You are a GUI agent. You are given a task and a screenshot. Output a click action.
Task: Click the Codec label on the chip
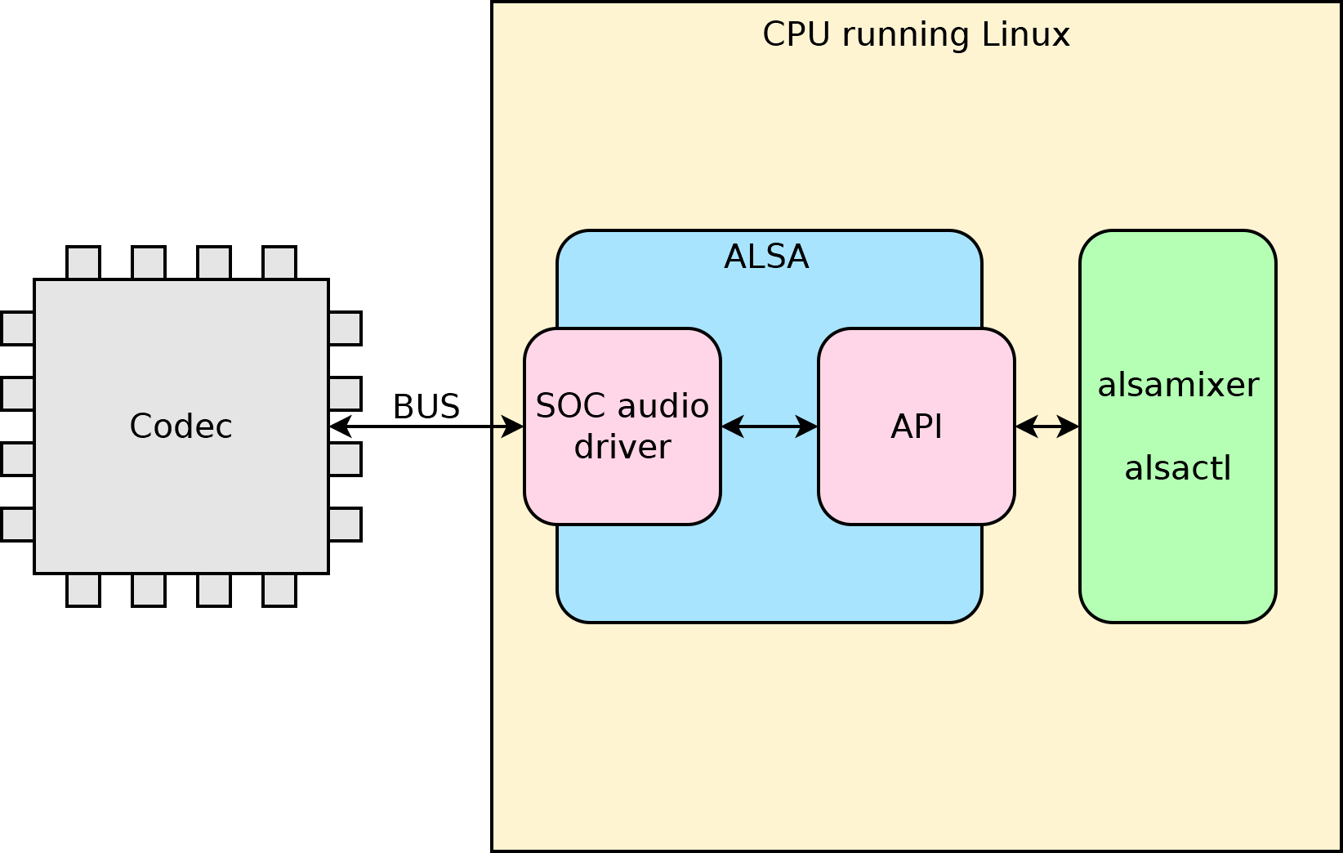[x=181, y=426]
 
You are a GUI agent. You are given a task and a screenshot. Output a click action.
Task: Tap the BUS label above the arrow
[x=426, y=407]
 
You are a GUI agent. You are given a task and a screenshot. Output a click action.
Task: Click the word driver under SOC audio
[x=622, y=447]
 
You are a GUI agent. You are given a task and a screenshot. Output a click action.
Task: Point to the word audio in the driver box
[x=663, y=406]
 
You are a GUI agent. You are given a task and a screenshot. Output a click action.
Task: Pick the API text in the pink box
[x=917, y=426]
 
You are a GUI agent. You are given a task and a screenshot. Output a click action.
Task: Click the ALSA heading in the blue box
[x=766, y=257]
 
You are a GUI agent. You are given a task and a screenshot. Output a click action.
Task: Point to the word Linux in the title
[x=1025, y=34]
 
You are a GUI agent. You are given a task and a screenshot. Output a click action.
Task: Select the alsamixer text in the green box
[x=1178, y=385]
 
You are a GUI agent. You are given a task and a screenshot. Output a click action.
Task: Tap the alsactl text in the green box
[x=1178, y=469]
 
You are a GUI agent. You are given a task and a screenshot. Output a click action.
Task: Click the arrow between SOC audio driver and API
[x=770, y=426]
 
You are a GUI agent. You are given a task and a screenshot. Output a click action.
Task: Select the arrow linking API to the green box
[x=1047, y=426]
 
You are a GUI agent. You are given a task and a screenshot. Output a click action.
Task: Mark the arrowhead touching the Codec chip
[x=337, y=426]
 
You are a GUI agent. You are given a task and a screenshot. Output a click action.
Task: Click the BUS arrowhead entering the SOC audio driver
[x=515, y=426]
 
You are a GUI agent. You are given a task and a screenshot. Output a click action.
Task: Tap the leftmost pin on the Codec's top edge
[x=83, y=262]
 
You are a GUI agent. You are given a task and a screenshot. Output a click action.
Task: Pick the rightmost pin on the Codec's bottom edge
[x=279, y=590]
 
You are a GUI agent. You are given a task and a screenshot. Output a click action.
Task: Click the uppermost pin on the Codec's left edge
[x=17, y=328]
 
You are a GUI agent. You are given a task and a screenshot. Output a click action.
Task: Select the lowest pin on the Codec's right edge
[x=345, y=525]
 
